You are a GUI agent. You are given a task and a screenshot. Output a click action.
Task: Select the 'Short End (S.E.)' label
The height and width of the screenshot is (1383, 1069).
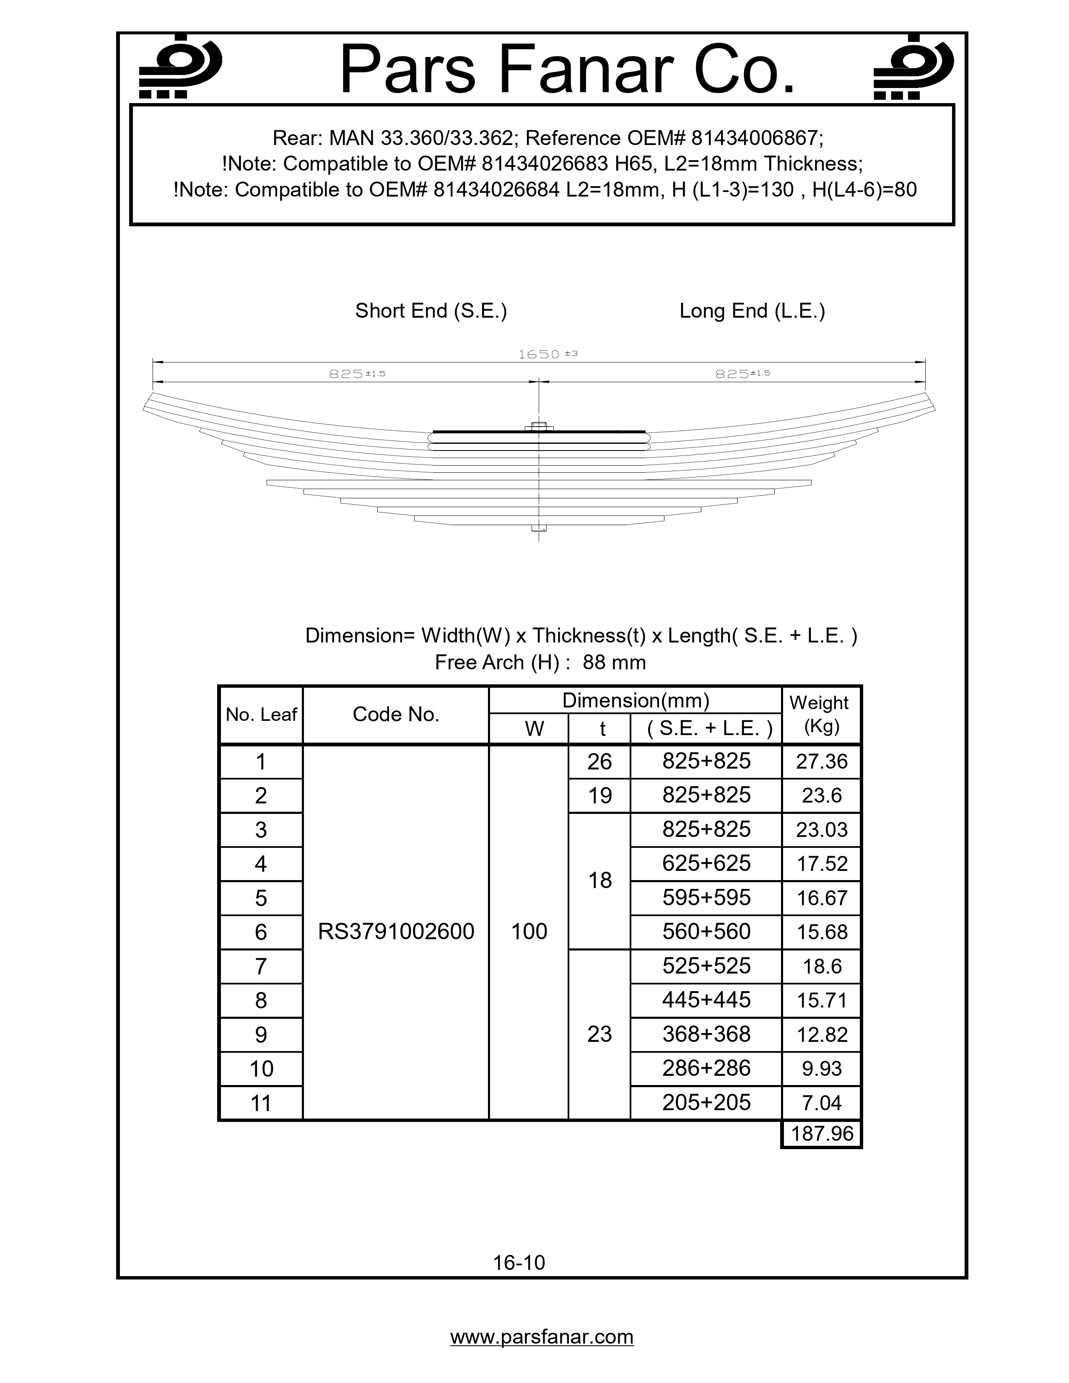tap(431, 311)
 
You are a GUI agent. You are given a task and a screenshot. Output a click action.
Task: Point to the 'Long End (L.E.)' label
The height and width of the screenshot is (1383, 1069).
tap(752, 311)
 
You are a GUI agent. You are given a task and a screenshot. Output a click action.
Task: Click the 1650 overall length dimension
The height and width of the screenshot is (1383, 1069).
tap(548, 355)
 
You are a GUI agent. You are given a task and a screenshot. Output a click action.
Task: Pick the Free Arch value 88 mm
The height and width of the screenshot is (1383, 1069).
tap(614, 662)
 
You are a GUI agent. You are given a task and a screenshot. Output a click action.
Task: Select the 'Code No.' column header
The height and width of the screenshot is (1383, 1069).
tap(396, 714)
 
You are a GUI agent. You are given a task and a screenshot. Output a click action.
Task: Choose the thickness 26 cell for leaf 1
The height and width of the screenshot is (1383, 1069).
tap(599, 761)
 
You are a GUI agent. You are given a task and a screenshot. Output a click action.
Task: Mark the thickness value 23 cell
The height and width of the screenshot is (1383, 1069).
tap(599, 1034)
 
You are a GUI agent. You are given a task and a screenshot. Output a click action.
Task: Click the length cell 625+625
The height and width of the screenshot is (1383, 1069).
tap(706, 863)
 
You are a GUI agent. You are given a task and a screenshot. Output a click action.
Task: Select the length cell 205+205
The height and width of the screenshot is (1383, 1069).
tap(706, 1103)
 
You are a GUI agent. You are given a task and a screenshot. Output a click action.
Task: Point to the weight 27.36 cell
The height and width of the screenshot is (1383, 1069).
tap(821, 761)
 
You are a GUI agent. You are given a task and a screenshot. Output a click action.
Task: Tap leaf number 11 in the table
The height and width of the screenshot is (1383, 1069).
tap(261, 1103)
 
